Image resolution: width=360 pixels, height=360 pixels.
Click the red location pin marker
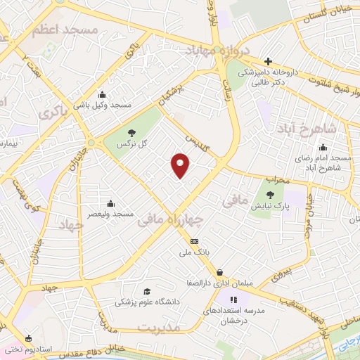click(x=181, y=165)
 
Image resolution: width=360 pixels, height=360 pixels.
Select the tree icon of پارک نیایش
click(x=271, y=194)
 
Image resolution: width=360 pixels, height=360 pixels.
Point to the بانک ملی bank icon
click(x=195, y=241)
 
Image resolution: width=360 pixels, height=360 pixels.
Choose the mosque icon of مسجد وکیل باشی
click(x=103, y=95)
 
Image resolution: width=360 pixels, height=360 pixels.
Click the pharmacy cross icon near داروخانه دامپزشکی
click(x=267, y=62)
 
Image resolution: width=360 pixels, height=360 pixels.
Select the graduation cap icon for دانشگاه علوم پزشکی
click(x=146, y=292)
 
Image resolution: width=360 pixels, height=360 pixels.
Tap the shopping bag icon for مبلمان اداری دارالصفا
click(x=220, y=272)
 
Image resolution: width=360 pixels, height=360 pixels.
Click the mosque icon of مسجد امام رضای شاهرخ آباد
click(x=323, y=147)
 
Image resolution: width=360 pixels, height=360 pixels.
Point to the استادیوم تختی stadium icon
click(x=28, y=338)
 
